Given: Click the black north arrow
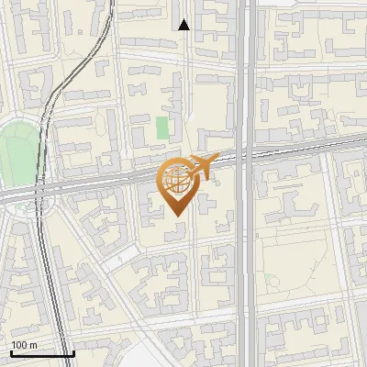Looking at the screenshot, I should (x=184, y=25).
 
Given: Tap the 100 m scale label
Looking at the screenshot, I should (x=25, y=345).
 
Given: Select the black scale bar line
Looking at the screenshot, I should (x=42, y=354).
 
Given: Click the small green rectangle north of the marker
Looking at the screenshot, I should (x=162, y=128).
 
